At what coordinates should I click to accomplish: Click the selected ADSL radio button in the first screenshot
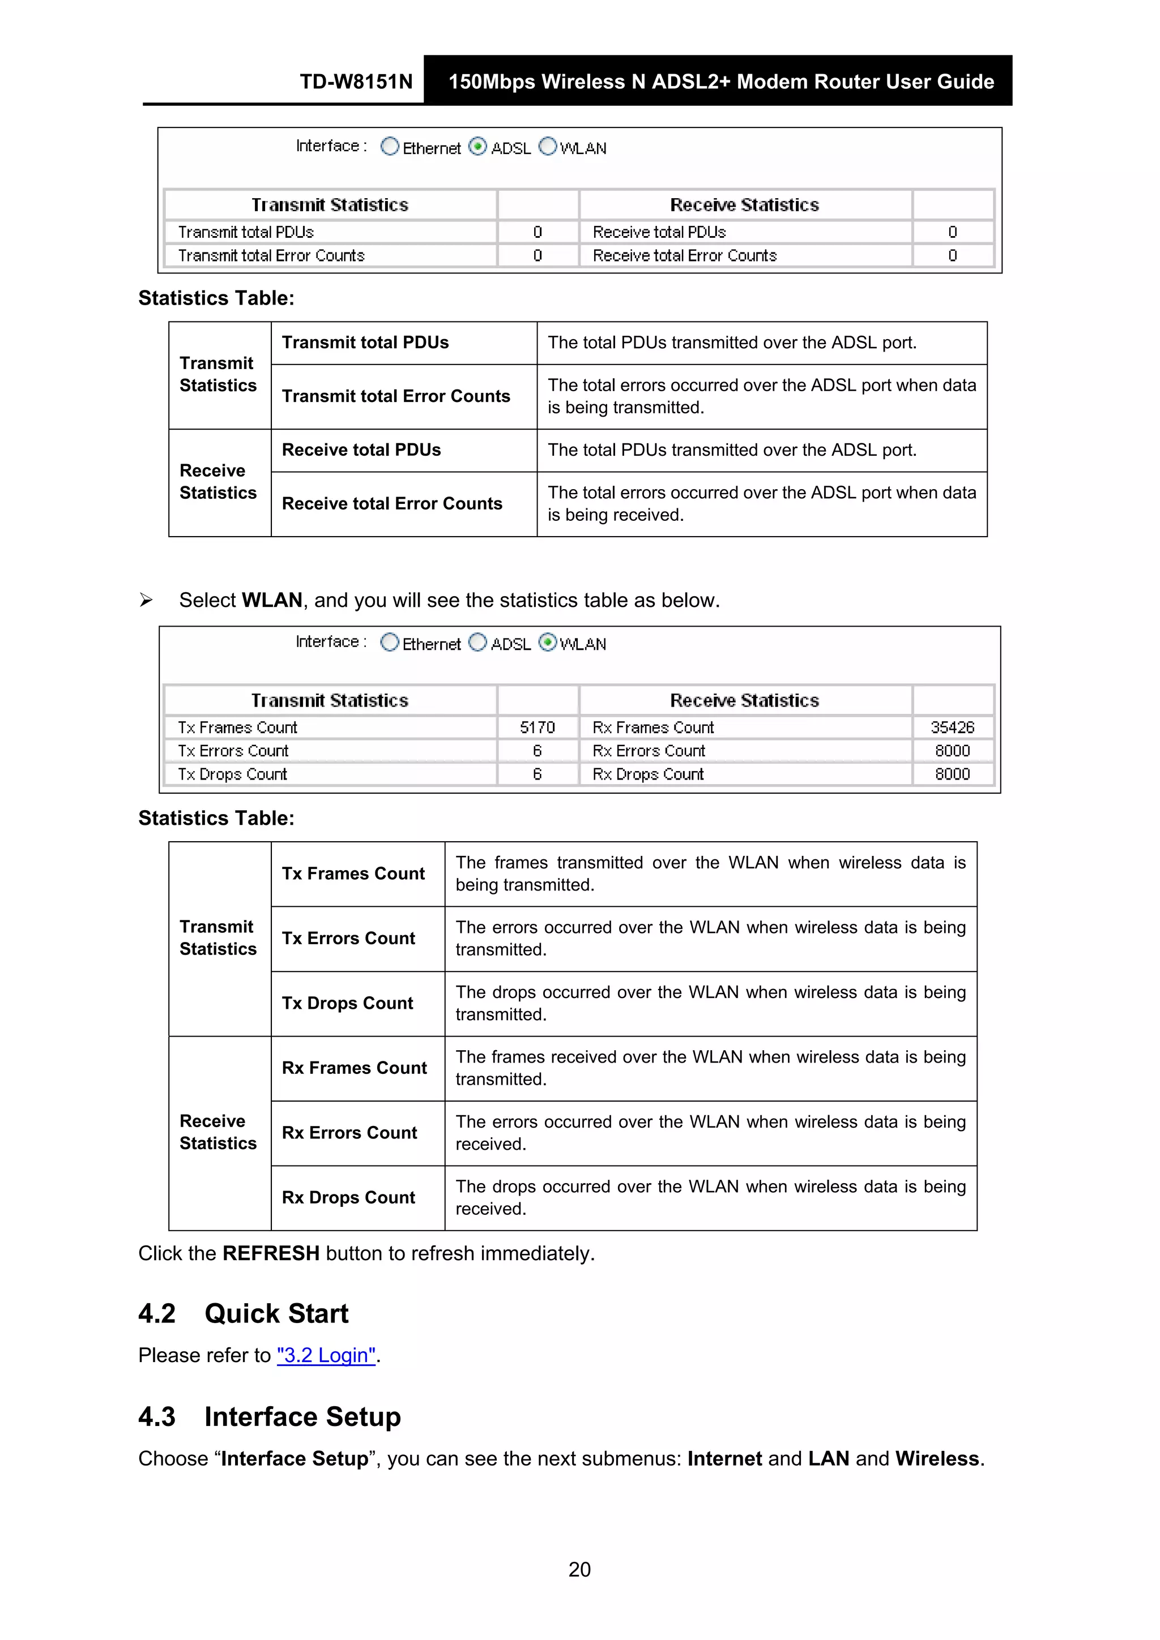point(477,147)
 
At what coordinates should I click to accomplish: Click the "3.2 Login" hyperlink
point(326,1355)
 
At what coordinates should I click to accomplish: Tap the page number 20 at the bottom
point(579,1569)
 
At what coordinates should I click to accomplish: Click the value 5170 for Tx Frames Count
point(537,727)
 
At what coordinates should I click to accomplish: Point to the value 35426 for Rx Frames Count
point(952,727)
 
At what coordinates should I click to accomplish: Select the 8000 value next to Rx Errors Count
point(952,751)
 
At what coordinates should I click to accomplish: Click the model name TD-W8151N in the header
point(356,82)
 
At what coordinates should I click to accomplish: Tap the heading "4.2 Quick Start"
point(243,1313)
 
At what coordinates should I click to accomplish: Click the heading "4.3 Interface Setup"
point(270,1416)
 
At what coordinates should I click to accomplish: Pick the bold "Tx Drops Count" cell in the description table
point(347,1003)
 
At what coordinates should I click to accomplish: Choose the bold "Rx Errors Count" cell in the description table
point(349,1132)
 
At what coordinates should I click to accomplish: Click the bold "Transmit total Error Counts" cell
point(396,396)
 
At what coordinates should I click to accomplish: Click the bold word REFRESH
point(271,1253)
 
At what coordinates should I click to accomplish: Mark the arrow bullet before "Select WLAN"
point(146,600)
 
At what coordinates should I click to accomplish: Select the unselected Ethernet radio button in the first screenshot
point(390,147)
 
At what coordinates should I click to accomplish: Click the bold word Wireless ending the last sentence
point(936,1459)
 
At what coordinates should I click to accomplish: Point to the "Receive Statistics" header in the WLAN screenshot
point(744,700)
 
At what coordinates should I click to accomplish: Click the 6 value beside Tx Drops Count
point(537,774)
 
